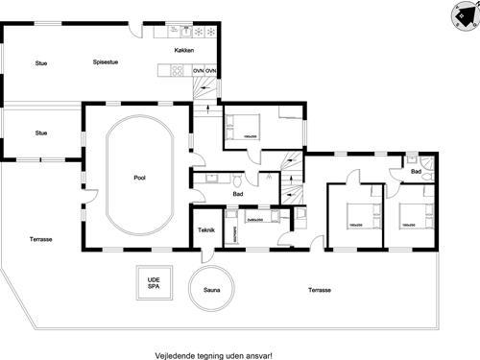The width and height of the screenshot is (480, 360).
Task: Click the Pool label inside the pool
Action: click(139, 179)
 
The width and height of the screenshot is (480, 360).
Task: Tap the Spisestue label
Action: click(105, 63)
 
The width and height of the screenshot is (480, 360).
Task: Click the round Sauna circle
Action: click(210, 286)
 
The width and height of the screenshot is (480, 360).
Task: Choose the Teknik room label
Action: click(205, 230)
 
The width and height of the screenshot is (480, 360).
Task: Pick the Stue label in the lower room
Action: click(41, 132)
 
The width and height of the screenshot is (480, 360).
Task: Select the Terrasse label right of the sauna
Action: click(320, 289)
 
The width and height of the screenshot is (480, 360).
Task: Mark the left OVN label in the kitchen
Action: click(198, 71)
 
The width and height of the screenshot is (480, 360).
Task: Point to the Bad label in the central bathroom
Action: click(236, 194)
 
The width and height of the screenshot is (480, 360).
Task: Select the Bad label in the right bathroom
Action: click(417, 171)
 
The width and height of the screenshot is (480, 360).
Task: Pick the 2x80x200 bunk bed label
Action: click(255, 220)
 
